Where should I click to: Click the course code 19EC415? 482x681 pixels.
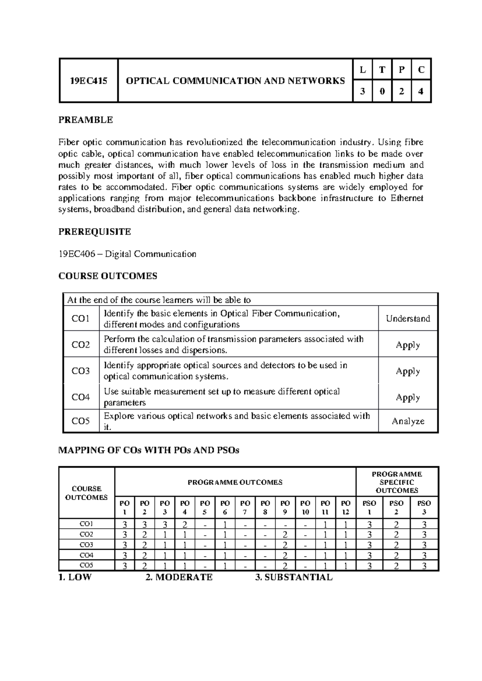[88, 81]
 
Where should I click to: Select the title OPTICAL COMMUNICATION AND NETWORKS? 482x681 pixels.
[235, 81]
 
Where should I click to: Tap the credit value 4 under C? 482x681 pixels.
[421, 91]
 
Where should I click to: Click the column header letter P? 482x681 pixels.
[401, 70]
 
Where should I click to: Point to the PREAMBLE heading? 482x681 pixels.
[86, 120]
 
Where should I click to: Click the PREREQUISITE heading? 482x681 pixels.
[95, 232]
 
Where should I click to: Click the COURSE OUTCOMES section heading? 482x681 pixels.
[108, 276]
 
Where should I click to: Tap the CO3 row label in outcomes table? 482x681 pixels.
[81, 371]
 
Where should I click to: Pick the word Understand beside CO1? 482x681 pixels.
[408, 318]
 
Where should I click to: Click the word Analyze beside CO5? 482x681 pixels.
[408, 421]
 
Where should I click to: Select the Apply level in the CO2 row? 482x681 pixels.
[408, 345]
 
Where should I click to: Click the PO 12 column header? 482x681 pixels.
[345, 508]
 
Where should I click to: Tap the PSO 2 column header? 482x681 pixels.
[396, 508]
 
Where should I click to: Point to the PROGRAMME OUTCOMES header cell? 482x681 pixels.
[235, 482]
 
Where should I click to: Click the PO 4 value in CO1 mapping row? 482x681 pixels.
[185, 524]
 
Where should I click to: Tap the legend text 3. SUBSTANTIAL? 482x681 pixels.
[294, 577]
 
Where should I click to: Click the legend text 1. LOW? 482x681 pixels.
[75, 577]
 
